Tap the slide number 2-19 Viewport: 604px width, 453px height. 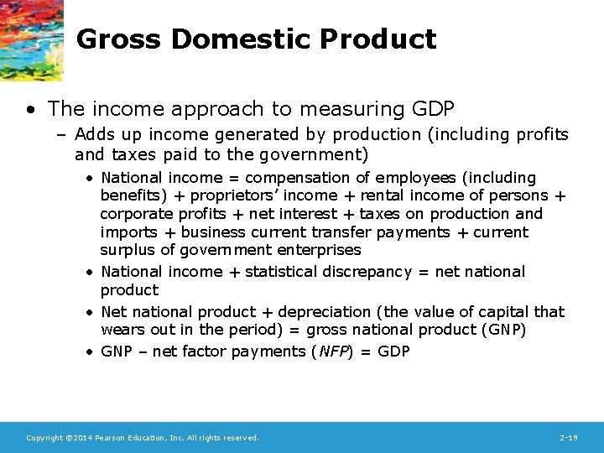point(570,438)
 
